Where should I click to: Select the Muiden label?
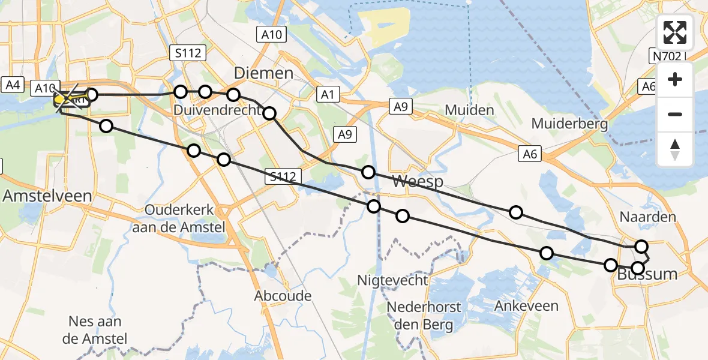[470, 110]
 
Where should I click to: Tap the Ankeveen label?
[526, 306]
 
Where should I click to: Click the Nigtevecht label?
[392, 280]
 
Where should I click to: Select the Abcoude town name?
[283, 295]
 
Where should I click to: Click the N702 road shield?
[667, 56]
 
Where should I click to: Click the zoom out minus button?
[675, 114]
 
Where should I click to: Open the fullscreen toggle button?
[675, 32]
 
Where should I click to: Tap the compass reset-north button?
[675, 149]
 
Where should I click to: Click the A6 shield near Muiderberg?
[529, 155]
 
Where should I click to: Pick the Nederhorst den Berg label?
[424, 316]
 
